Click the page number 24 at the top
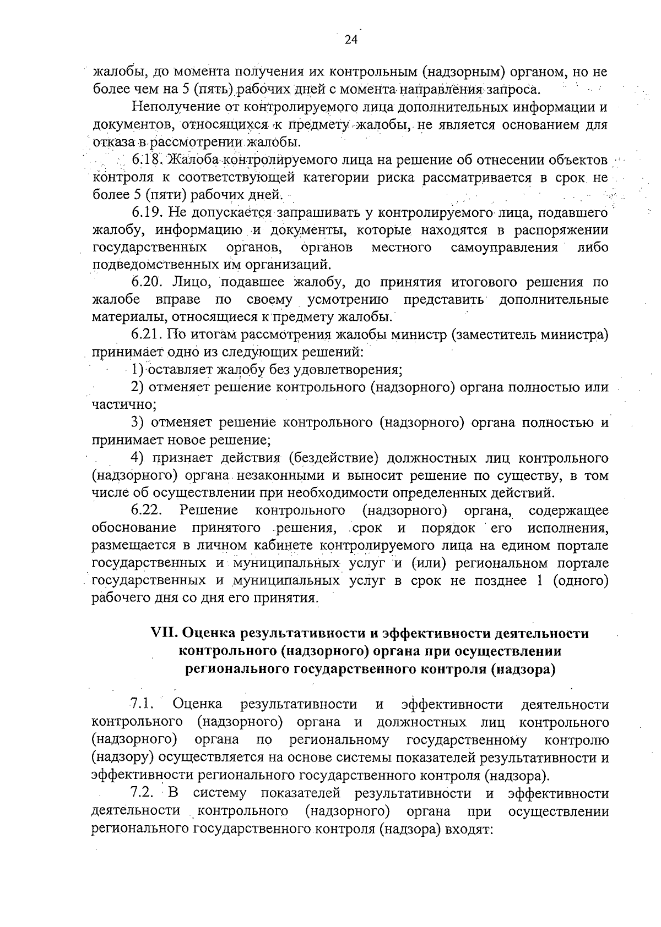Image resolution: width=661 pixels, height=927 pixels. (x=351, y=40)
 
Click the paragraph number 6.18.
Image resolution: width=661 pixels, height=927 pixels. (x=146, y=160)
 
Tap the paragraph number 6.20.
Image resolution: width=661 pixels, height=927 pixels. (x=146, y=282)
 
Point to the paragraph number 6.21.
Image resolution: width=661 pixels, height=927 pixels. (x=146, y=334)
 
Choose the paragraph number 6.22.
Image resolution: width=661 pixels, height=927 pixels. (x=146, y=510)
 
